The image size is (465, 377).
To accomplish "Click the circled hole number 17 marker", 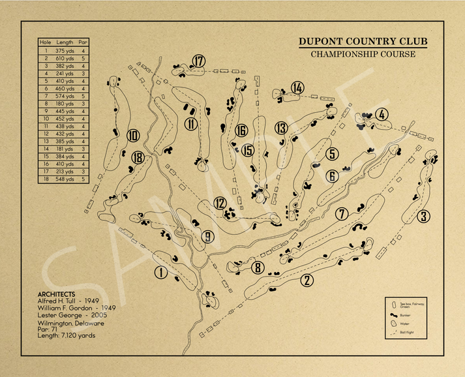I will coord(199,61).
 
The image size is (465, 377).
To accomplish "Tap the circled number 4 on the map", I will coord(382,114).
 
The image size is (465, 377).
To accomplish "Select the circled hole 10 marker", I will coord(133,136).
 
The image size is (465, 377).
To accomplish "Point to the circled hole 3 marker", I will coord(424,217).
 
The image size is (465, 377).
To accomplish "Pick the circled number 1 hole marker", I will coord(161,273).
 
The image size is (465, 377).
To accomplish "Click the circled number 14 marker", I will coord(298,87).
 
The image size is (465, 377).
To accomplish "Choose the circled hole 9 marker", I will coord(208,237).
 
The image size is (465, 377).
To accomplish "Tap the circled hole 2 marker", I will coord(307,280).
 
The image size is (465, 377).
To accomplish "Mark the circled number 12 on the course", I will coord(220,204).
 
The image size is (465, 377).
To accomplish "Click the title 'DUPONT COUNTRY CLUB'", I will coord(363,42).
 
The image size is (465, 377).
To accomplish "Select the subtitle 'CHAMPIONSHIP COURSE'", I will coord(363,54).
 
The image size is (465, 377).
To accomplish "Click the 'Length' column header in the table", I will coord(65,42).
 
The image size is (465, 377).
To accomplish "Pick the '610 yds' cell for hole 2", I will coord(65,58).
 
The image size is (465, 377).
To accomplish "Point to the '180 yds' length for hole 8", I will coord(65,103).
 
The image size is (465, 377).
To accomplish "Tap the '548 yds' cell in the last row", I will coord(65,179).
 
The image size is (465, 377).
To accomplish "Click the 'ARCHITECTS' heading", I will coord(56,294).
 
